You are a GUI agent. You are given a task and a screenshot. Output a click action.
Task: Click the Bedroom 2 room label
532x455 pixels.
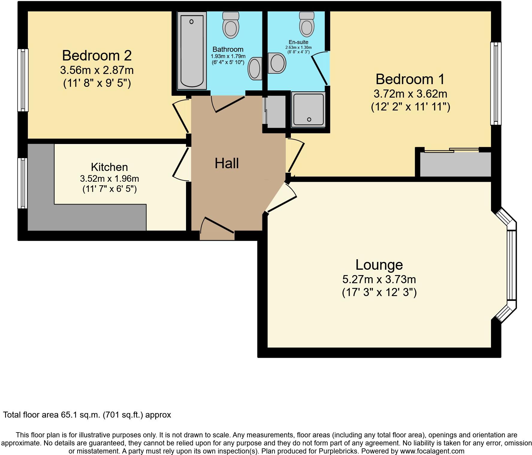tap(97, 56)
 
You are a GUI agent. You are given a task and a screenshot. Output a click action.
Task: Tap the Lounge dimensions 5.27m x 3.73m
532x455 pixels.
tap(379, 280)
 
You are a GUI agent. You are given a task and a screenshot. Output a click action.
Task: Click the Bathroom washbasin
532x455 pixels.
tap(255, 69)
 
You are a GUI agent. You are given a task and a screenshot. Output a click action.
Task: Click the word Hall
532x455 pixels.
tap(227, 163)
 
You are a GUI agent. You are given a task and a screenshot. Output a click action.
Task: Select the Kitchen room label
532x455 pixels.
tap(109, 167)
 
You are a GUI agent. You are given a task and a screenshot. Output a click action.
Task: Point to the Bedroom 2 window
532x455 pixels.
tap(23, 80)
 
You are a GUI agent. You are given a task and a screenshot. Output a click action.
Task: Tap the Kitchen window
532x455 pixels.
tap(22, 183)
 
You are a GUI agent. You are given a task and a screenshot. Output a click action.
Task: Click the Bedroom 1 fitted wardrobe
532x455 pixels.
tap(455, 165)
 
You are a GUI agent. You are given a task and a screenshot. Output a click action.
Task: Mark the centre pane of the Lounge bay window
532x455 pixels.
tap(512, 265)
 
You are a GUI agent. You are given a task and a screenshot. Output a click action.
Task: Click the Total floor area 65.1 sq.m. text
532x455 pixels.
tap(87, 415)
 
